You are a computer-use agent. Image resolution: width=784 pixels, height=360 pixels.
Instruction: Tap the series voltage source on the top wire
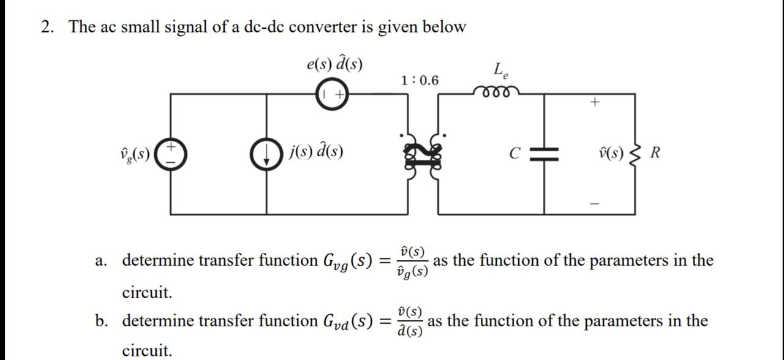[332, 94]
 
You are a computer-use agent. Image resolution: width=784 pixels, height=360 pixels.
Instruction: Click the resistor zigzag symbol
[635, 153]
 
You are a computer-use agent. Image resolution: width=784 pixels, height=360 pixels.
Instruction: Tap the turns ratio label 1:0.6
[420, 80]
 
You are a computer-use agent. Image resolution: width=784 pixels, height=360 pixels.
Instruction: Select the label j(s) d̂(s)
[316, 151]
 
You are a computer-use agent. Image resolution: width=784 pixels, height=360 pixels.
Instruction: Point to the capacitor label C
[515, 153]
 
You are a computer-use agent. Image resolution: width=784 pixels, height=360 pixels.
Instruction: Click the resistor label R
[655, 152]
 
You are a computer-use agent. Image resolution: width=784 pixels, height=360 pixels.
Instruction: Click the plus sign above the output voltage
[594, 103]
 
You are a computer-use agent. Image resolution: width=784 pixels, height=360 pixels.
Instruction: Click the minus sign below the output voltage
[594, 203]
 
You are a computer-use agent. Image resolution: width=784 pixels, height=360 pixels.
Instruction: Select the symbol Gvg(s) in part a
[347, 261]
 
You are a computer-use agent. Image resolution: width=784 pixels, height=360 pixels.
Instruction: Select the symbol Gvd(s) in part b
[347, 321]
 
